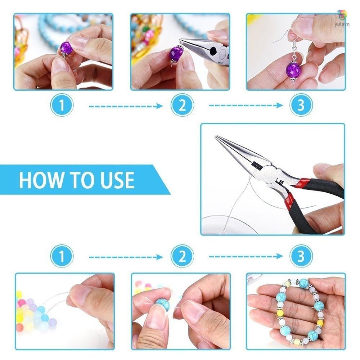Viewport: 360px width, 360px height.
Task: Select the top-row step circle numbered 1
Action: click(x=62, y=105)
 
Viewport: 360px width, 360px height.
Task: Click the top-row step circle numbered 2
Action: click(x=182, y=105)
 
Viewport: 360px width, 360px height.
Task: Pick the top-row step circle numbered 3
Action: click(x=301, y=105)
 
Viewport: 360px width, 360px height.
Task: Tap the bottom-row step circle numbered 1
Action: click(x=62, y=256)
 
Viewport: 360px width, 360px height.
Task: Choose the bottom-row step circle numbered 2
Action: click(x=182, y=256)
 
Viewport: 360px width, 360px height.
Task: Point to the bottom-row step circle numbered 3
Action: click(x=301, y=256)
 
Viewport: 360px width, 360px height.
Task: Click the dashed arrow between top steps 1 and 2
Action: click(x=126, y=106)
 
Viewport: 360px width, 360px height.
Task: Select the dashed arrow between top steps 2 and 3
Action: click(x=246, y=105)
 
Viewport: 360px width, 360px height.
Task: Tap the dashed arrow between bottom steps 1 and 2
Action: click(x=126, y=257)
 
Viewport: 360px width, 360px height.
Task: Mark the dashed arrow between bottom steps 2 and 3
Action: click(x=246, y=256)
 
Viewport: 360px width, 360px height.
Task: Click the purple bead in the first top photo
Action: click(x=66, y=47)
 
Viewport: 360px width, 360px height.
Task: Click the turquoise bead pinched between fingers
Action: click(x=163, y=304)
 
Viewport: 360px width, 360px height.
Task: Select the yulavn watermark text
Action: click(x=342, y=24)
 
